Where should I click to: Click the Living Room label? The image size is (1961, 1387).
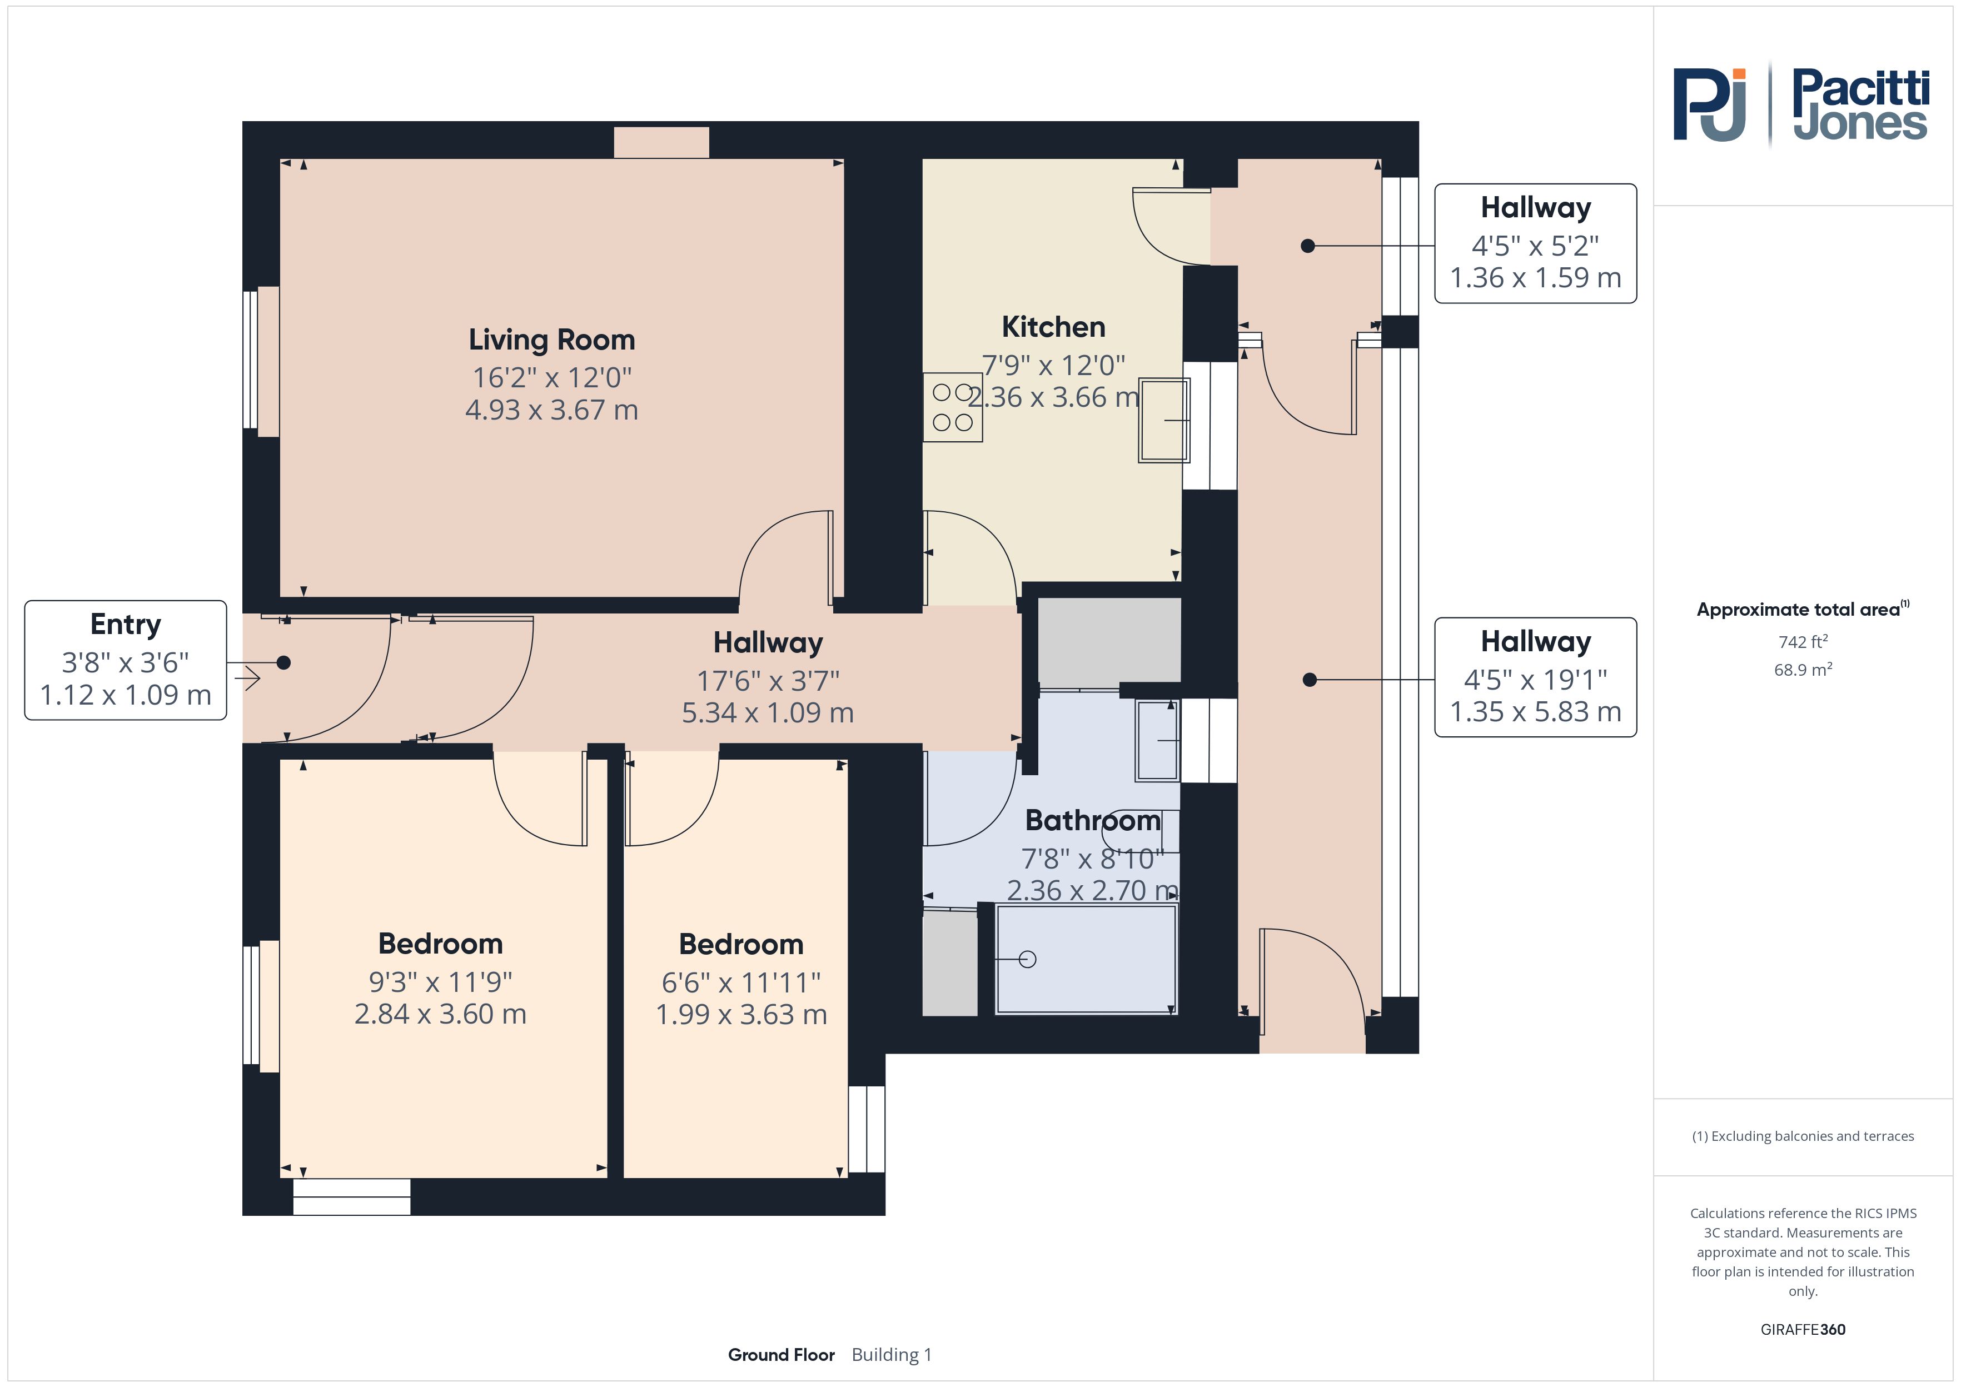tap(552, 340)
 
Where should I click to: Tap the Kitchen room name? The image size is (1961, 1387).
tap(1053, 327)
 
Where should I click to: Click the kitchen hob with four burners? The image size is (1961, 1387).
tap(952, 407)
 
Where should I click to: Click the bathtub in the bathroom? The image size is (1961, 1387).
tap(1087, 959)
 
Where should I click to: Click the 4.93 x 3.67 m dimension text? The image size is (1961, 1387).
tap(552, 410)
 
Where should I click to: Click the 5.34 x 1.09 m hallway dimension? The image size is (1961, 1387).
tap(768, 712)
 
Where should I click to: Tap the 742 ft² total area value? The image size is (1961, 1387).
tap(1803, 641)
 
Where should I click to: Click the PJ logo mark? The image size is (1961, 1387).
tap(1709, 105)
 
